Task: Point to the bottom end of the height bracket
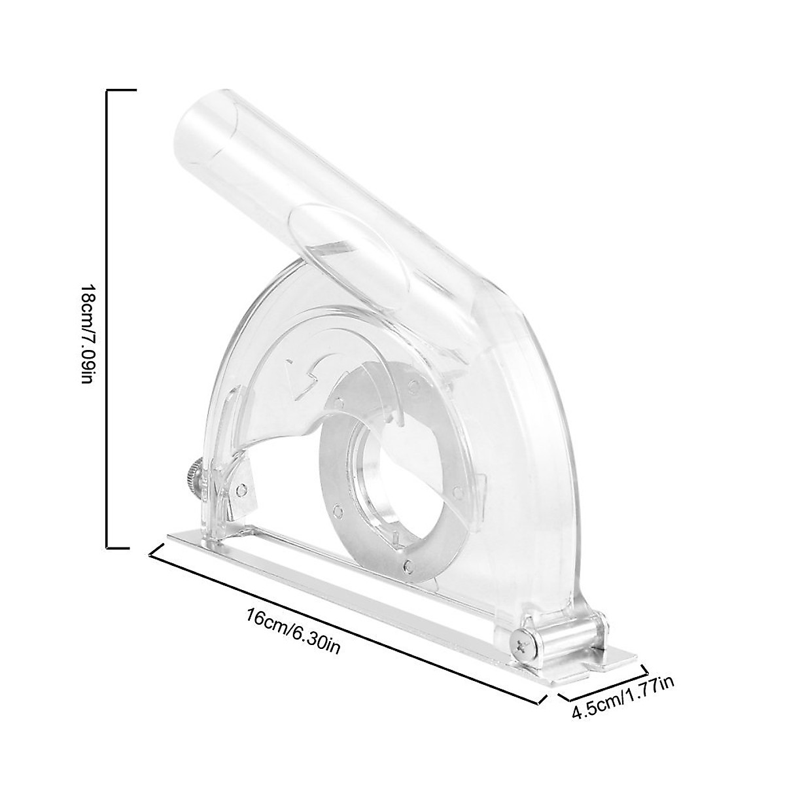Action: (x=121, y=546)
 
